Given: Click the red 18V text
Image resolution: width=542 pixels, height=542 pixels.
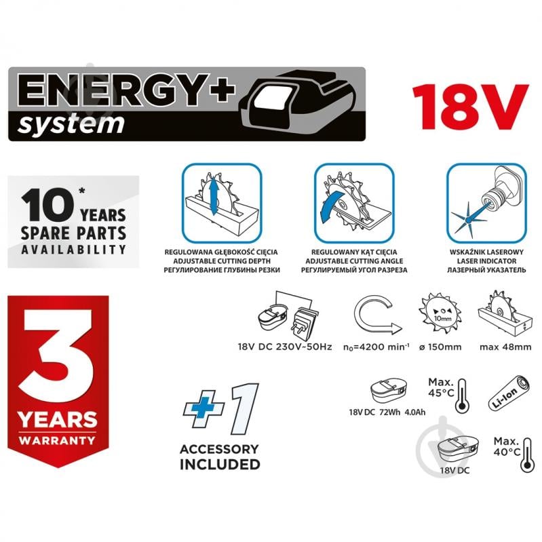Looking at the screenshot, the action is point(471,107).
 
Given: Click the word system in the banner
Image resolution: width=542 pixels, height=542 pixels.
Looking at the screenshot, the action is point(71,123).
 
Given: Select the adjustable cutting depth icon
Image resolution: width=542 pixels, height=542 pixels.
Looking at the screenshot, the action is point(222,204).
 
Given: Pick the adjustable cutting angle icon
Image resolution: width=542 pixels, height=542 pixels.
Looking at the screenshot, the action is point(354,204).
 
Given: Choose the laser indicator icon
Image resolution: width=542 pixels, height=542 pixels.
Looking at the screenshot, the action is point(486,204).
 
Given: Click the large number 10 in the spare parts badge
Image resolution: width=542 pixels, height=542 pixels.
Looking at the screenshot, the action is point(47,205).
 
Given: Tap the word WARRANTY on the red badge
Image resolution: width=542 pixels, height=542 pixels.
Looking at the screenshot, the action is point(57,440).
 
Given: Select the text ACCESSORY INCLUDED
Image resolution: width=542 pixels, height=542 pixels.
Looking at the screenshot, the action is point(220,457).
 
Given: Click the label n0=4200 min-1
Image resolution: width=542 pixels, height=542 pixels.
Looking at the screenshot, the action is point(376,347).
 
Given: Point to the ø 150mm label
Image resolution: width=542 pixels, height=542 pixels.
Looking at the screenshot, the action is point(440,347).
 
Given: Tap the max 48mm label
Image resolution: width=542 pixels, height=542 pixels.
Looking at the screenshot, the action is point(505,347).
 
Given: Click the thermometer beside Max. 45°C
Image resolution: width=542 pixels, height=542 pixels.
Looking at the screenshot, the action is point(462,395).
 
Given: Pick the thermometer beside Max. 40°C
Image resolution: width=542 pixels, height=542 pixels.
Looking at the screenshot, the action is point(527,455).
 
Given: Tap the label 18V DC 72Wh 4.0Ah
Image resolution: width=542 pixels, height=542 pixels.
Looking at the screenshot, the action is point(387,412).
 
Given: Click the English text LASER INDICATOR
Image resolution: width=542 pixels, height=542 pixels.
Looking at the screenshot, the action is point(486,261).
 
